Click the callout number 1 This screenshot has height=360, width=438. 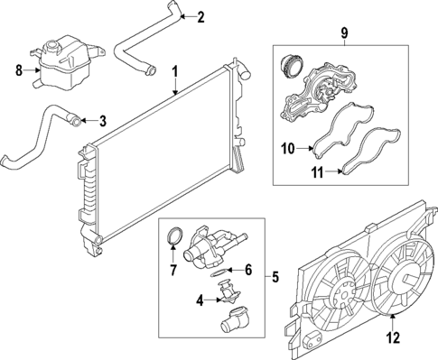(175, 70)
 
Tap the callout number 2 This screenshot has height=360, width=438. (200, 16)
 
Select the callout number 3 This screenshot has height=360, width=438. (102, 120)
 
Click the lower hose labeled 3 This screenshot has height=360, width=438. (36, 135)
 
